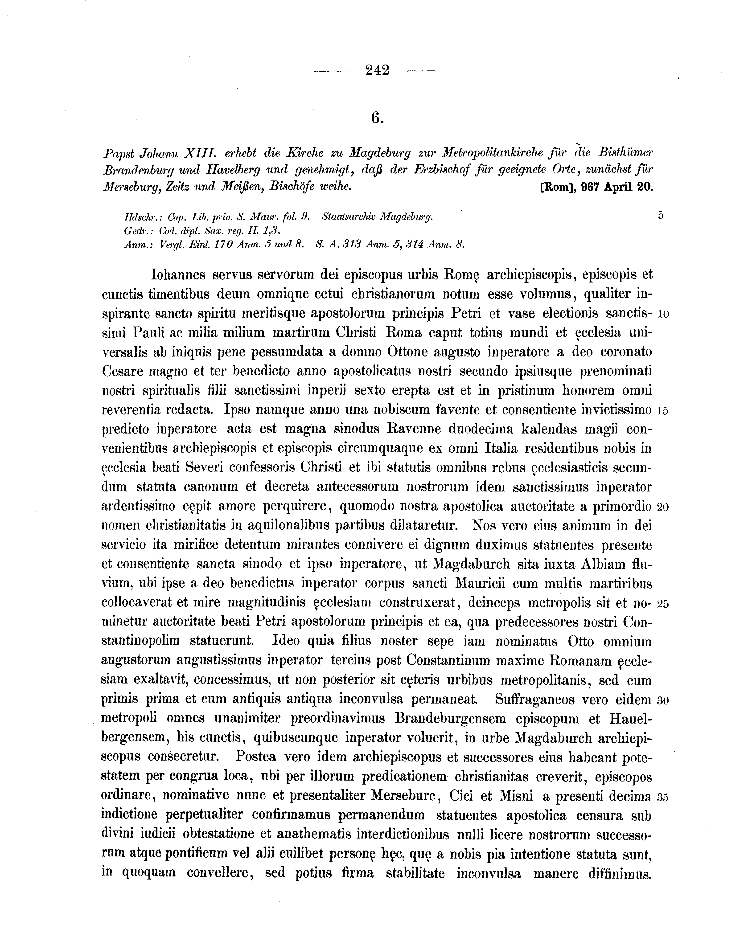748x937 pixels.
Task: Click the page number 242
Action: pyautogui.click(x=377, y=70)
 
